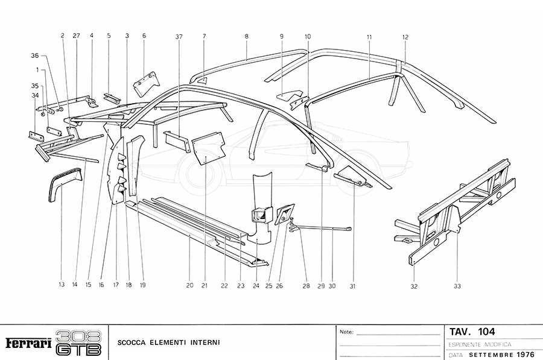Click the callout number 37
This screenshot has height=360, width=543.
(179, 37)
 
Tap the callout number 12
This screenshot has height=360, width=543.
(405, 37)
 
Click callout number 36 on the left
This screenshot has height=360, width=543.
(34, 55)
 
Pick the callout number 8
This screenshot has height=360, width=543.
(247, 37)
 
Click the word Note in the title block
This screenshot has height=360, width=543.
(346, 332)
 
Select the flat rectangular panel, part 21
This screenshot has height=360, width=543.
(208, 150)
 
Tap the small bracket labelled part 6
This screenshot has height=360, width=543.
(145, 81)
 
